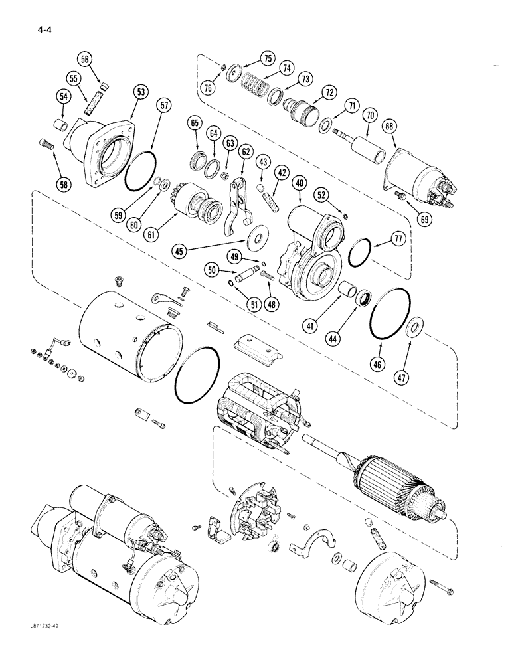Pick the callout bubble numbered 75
click(268, 58)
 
